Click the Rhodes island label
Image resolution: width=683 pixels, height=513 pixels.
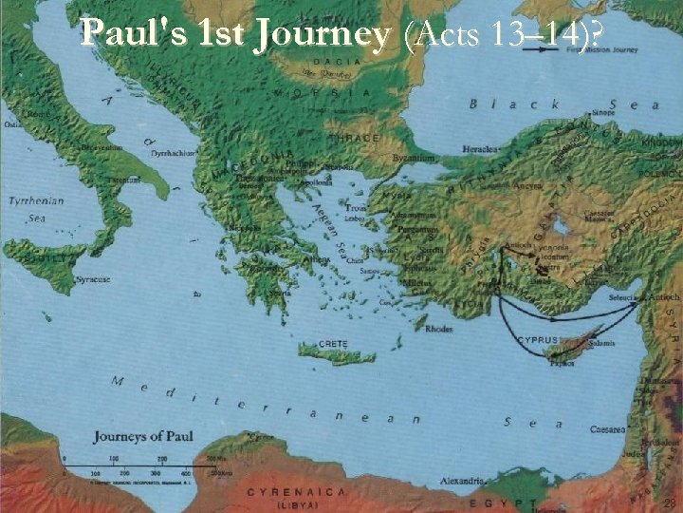tap(439, 330)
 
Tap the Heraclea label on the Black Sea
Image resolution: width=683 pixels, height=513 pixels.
tap(477, 150)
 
